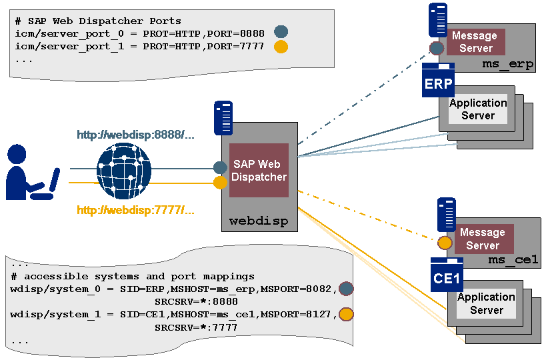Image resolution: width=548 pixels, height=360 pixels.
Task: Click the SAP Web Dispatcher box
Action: [259, 170]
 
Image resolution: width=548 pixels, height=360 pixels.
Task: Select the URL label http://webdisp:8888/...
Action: [135, 135]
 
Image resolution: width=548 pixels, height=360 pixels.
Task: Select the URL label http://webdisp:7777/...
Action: [135, 211]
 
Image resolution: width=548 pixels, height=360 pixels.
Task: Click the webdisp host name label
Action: [259, 221]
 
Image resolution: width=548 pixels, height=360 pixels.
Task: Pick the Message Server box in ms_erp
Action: [475, 41]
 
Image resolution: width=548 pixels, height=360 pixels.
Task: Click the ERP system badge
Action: [438, 84]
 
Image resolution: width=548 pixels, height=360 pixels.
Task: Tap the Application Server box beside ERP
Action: [478, 109]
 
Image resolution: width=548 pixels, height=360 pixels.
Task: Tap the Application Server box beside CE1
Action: [486, 303]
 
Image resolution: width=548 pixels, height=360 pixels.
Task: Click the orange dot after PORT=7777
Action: [281, 47]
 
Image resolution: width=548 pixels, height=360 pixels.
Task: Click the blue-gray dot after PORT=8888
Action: [281, 31]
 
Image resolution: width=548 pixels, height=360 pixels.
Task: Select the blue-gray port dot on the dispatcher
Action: [220, 167]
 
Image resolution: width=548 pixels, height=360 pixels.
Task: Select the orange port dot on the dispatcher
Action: [220, 182]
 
